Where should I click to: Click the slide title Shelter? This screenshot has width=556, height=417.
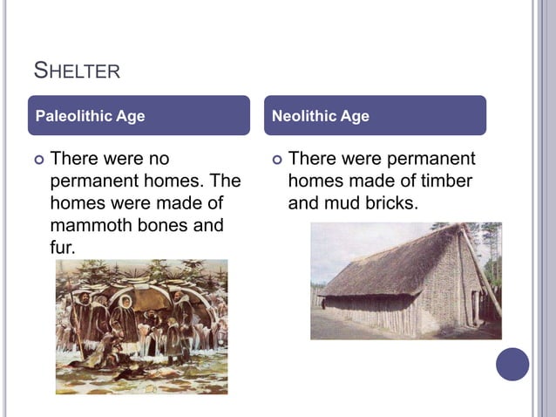tap(76, 70)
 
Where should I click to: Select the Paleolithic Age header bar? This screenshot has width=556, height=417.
tap(139, 116)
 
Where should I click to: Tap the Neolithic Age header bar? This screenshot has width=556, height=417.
tap(375, 116)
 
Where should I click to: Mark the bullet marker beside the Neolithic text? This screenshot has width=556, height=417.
tap(277, 161)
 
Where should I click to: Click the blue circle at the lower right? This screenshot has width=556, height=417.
tap(512, 364)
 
